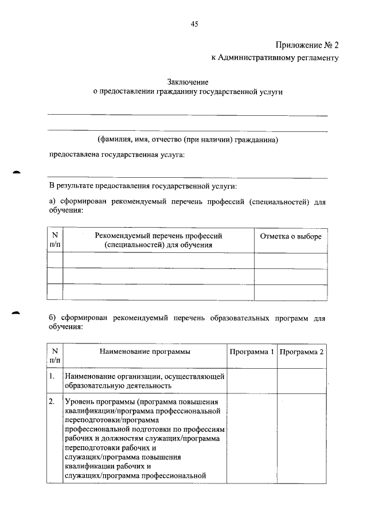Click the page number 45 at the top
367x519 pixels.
194,24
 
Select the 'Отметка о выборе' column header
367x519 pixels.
291,236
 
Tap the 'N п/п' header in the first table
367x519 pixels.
55,240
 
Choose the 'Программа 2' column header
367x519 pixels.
302,351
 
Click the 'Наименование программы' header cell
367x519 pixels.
145,351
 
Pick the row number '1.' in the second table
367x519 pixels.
52,377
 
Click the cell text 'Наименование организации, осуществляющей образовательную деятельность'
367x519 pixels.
145,381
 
